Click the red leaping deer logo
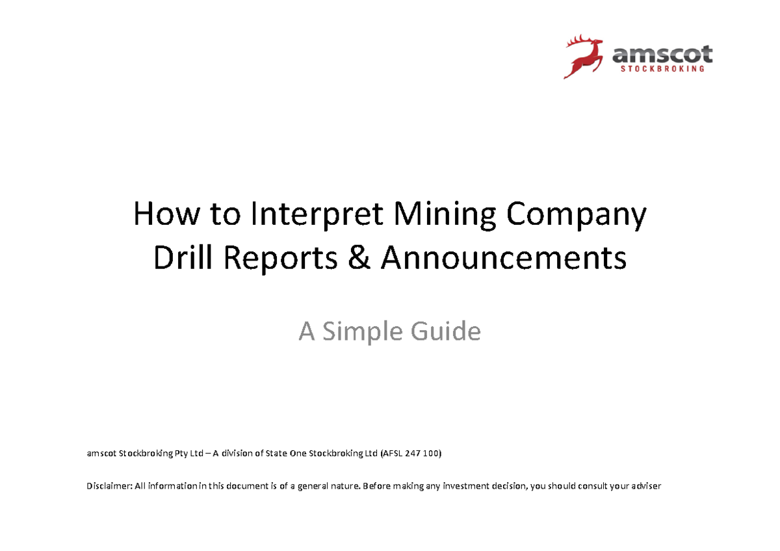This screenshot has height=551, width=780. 584,57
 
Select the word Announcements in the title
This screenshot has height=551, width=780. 504,259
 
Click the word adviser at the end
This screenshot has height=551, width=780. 645,485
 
